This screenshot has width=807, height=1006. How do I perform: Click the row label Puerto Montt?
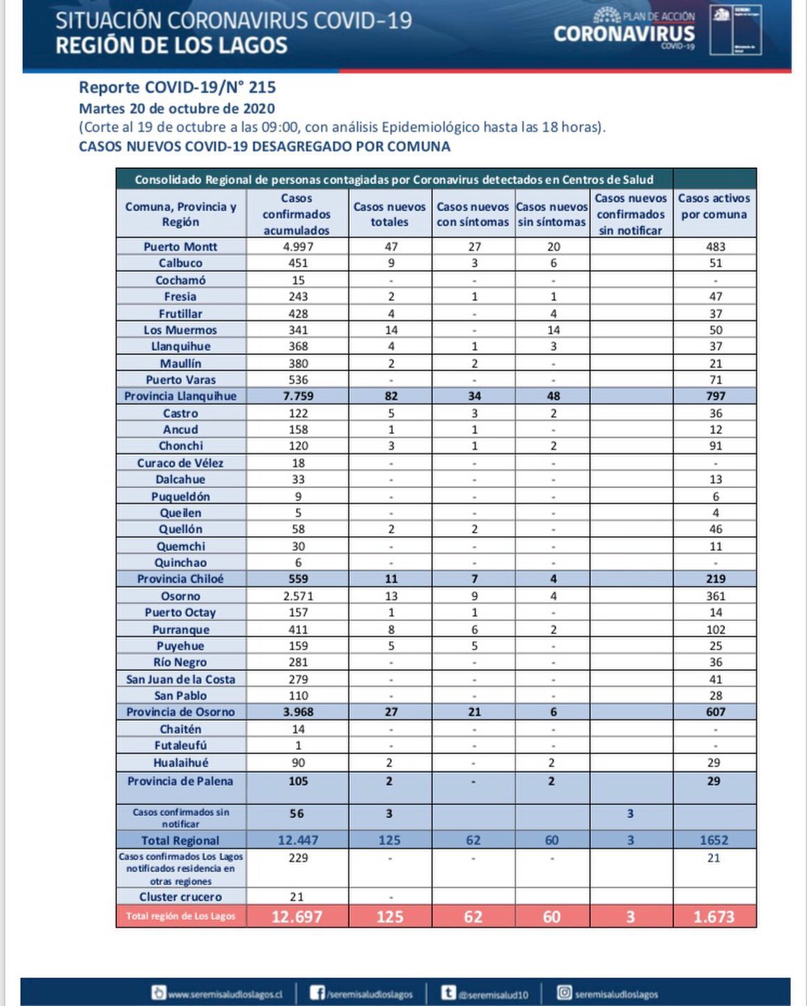(180, 246)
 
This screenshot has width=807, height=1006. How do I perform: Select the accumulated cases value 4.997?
(297, 246)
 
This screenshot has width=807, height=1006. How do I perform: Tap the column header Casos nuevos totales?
(389, 214)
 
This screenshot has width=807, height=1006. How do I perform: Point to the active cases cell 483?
(715, 246)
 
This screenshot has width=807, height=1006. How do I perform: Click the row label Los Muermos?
(180, 330)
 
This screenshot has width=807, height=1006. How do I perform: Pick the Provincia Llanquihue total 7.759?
(297, 396)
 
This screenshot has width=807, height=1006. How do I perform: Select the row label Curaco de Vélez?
(180, 463)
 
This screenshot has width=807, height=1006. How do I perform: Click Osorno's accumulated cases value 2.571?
(297, 596)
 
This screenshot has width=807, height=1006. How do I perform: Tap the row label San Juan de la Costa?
(180, 679)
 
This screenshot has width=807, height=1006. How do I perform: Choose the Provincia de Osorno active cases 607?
(715, 712)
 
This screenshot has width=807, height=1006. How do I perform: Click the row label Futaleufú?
(180, 746)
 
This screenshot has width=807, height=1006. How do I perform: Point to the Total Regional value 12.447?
(297, 840)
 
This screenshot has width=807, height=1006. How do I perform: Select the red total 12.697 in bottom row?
(297, 916)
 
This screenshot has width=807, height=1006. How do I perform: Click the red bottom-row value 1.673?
(714, 916)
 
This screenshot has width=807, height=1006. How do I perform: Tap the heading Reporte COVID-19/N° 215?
(177, 88)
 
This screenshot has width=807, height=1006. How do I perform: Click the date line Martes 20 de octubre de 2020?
(177, 109)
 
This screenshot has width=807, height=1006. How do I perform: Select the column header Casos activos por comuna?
(714, 207)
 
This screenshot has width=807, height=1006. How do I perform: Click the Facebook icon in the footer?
(317, 993)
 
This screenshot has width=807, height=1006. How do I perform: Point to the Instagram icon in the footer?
(565, 993)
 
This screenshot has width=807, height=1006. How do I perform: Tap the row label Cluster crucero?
(180, 897)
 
